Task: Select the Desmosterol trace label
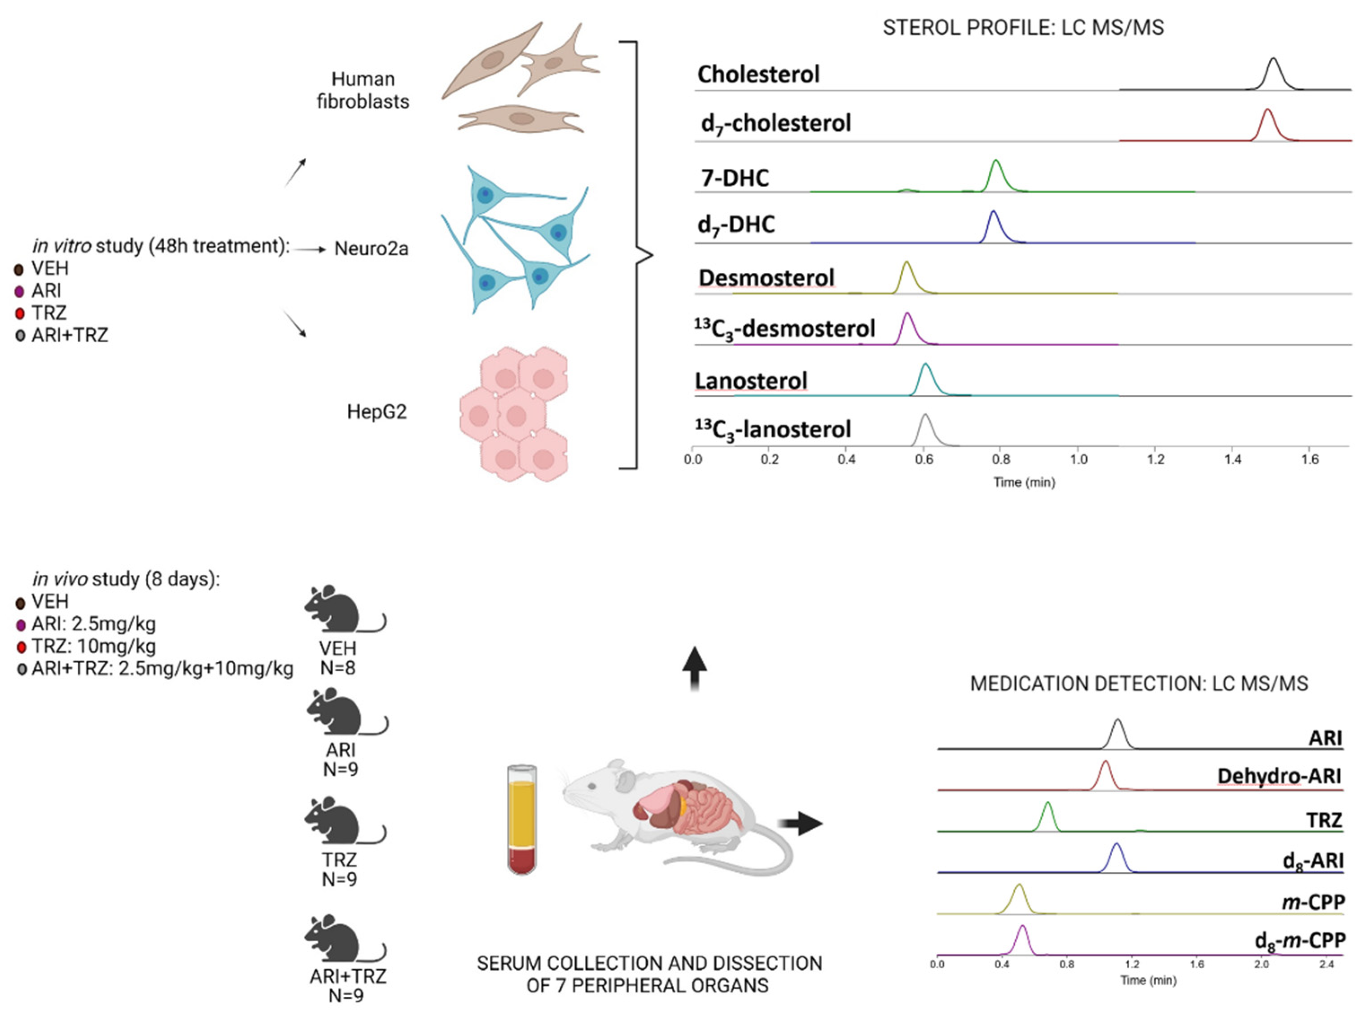pos(766,278)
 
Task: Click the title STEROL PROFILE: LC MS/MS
pos(1023,28)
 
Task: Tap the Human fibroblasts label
pos(363,90)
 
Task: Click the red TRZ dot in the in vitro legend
pos(20,313)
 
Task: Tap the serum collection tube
pos(522,819)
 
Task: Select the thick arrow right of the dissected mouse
pos(801,823)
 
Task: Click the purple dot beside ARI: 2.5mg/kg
pos(20,625)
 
